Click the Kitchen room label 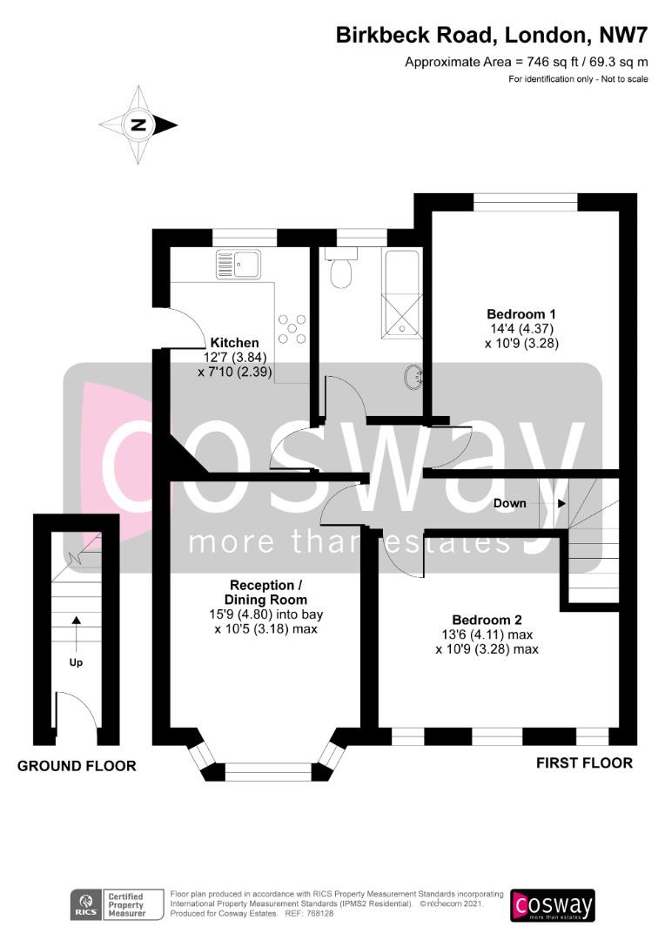[234, 343]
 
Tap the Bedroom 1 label [521, 313]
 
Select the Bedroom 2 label [487, 620]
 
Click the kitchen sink [238, 265]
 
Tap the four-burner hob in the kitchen [292, 329]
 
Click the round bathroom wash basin [414, 377]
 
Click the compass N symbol [138, 125]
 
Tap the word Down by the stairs [510, 504]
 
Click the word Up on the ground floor [76, 662]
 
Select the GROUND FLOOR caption [77, 766]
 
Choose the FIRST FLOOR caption [585, 763]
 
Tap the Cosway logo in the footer [552, 905]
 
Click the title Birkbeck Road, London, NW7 [492, 35]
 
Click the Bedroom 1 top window [525, 202]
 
